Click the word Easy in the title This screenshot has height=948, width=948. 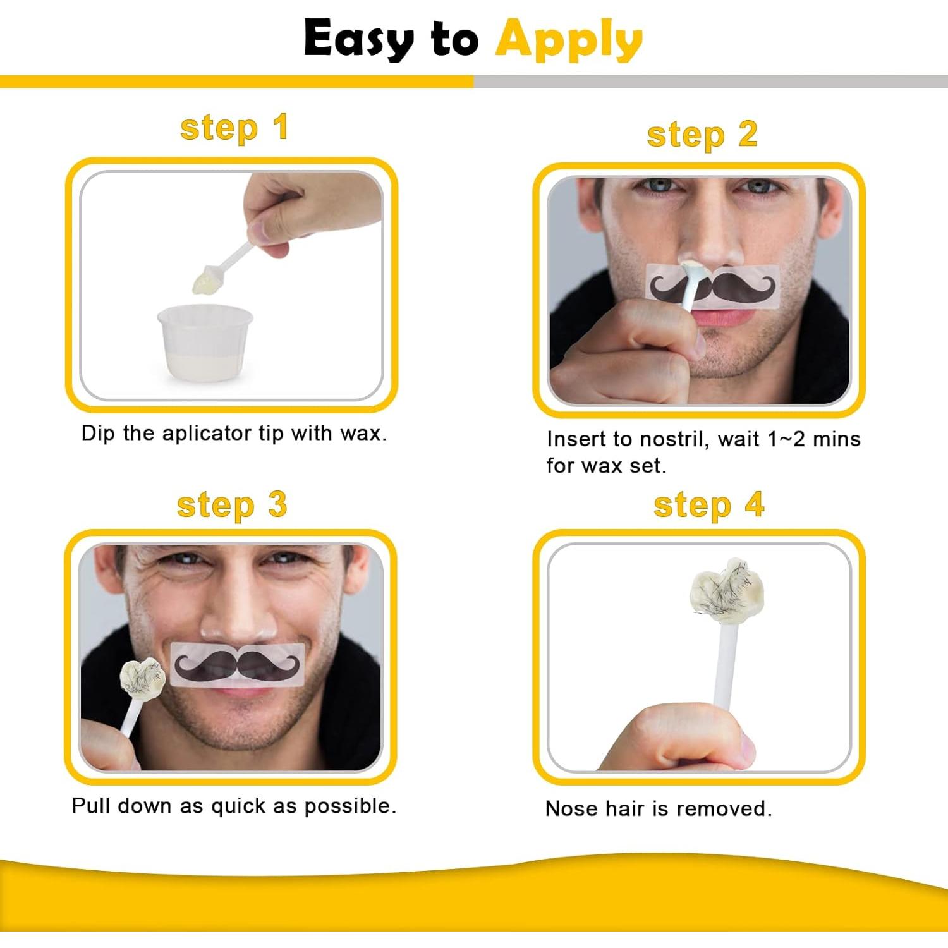(358, 39)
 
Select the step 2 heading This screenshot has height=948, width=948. (702, 135)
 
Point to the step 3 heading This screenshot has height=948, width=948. (232, 506)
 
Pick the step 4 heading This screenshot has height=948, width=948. (709, 506)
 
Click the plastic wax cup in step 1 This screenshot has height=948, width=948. (204, 342)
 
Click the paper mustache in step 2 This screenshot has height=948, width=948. (713, 285)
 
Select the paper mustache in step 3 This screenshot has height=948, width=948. (237, 664)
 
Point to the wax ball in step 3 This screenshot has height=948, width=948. (142, 678)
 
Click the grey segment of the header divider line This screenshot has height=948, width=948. (710, 82)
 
